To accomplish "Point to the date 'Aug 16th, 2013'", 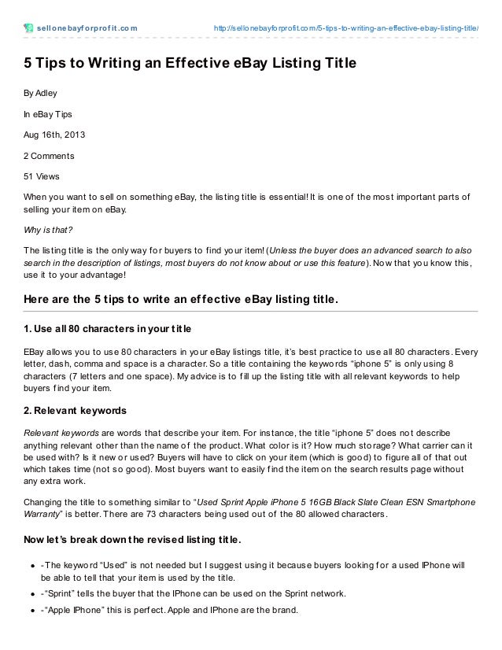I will tap(54, 135).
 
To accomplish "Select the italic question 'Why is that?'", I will tap(48, 230).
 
